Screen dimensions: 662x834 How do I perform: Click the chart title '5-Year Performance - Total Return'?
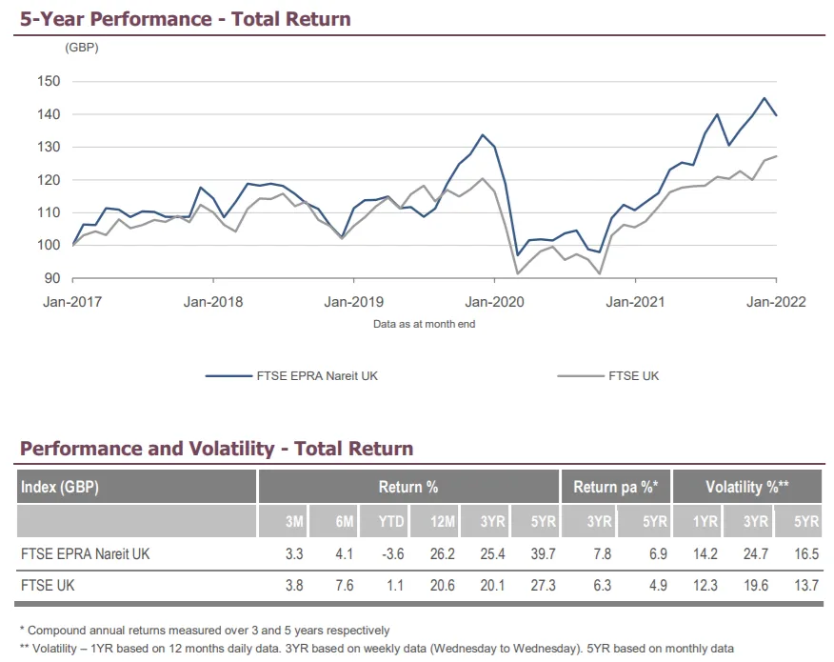click(185, 19)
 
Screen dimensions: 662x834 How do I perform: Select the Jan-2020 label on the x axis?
click(494, 302)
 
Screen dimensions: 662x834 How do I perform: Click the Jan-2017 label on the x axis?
click(72, 302)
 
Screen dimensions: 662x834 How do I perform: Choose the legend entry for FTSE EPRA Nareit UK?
click(291, 375)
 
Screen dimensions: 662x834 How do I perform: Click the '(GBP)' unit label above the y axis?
click(82, 47)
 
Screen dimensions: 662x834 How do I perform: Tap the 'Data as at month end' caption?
click(424, 324)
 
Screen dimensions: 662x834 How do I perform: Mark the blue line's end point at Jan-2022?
click(777, 115)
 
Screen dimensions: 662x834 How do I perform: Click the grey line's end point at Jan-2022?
click(777, 156)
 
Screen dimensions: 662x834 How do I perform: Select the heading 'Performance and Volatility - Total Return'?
click(216, 449)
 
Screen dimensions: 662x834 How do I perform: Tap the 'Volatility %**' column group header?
click(747, 488)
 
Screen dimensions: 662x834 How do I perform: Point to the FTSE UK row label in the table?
click(48, 586)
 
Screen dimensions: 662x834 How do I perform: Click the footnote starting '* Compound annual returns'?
click(205, 630)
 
